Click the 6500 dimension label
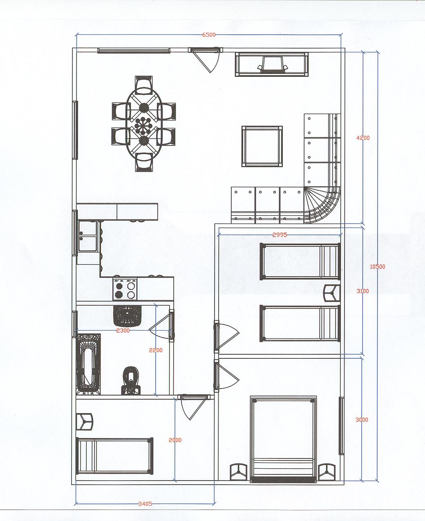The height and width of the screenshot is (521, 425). tap(209, 35)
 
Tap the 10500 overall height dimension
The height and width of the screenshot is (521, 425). tap(377, 266)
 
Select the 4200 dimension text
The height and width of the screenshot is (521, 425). tap(363, 138)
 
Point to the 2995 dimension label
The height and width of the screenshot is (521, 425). tap(280, 235)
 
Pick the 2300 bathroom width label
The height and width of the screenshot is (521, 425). tap(123, 331)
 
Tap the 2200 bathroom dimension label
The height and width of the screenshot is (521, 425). tap(156, 350)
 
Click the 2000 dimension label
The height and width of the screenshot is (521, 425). tap(175, 440)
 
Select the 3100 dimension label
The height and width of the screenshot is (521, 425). tap(362, 291)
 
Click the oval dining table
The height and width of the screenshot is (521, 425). tap(143, 124)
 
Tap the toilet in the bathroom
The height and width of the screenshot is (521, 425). tap(131, 380)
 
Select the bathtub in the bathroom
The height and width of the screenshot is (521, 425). tap(88, 364)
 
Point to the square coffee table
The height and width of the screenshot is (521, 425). tap(262, 146)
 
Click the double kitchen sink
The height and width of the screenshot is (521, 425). tap(88, 236)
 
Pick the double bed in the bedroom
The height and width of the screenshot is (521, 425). tap(283, 440)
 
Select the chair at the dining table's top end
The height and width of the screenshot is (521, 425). tap(143, 85)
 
